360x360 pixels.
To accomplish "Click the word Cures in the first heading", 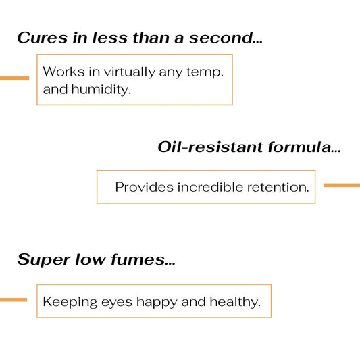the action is pos(43,38).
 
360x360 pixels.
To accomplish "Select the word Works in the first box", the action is pos(63,72).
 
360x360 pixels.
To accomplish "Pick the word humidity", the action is pos(101,89).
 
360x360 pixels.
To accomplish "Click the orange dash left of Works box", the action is pos(14,78).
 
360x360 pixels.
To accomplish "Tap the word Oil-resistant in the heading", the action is pos(210,147).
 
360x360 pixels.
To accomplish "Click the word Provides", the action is pos(144,187).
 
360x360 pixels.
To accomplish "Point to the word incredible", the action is pos(210,187).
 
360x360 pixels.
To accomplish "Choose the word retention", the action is pos(278,187).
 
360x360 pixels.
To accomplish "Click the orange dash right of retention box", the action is pos(342,185).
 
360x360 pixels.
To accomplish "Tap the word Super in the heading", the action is pos(44,260).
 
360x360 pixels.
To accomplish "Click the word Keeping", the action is pos(70,303).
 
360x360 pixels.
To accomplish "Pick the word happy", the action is pos(157,303).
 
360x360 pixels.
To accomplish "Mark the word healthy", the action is pos(235,303).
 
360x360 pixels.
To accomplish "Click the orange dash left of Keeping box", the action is pos(14,300).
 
